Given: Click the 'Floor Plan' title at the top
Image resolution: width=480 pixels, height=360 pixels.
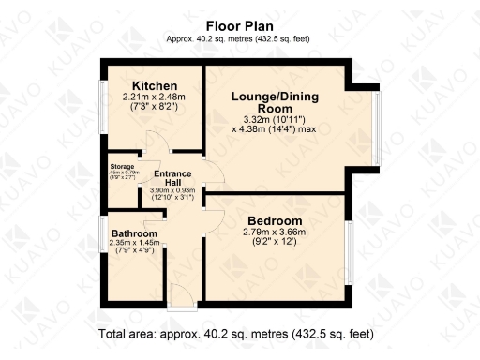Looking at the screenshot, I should (x=239, y=26).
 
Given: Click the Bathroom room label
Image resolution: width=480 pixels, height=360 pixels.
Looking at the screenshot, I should (x=134, y=233).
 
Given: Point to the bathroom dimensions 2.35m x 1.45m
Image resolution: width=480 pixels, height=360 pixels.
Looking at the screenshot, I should (x=134, y=245).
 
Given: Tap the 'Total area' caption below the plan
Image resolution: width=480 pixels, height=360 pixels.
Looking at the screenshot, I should (x=235, y=334).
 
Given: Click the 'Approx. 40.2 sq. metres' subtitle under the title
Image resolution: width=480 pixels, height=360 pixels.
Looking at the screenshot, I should (x=239, y=39).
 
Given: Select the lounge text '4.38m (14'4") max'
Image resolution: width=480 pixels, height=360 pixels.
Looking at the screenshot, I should (x=277, y=128).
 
